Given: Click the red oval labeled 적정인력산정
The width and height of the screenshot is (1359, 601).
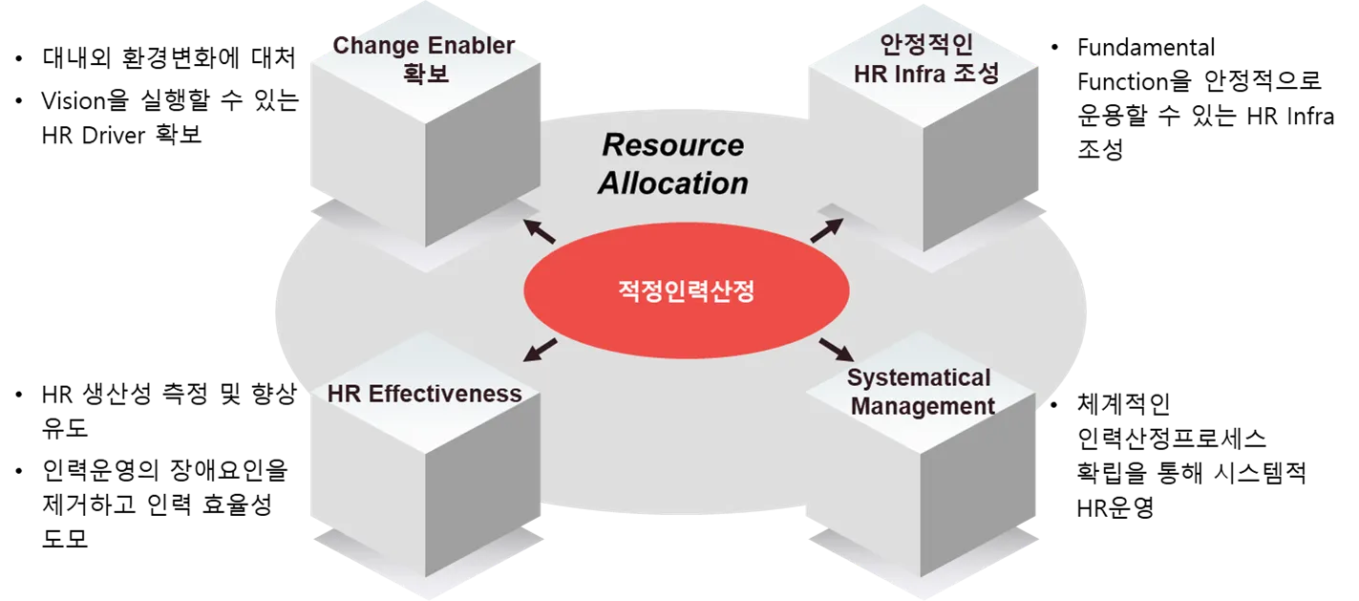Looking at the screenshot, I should pyautogui.click(x=686, y=291).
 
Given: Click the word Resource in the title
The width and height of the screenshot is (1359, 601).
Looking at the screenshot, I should pyautogui.click(x=672, y=145).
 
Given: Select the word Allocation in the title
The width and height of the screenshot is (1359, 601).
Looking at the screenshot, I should pyautogui.click(x=672, y=183).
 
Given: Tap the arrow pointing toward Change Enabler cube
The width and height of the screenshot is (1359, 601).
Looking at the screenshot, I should pyautogui.click(x=540, y=230).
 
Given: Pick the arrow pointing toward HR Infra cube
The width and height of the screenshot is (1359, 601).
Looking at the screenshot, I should pyautogui.click(x=826, y=230).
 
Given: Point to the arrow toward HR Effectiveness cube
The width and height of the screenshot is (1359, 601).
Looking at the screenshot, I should pyautogui.click(x=541, y=349).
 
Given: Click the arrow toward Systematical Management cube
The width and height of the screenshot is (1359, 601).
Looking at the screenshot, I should pyautogui.click(x=836, y=348).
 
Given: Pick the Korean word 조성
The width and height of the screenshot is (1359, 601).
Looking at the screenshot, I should pyautogui.click(x=975, y=73).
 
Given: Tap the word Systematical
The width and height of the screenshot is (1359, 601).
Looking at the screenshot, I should pyautogui.click(x=919, y=378).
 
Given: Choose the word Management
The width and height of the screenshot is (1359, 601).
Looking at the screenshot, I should pyautogui.click(x=923, y=406).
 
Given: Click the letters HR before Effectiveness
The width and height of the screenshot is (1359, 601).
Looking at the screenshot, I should pyautogui.click(x=343, y=394).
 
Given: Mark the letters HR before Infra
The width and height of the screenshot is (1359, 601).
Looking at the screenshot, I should pyautogui.click(x=869, y=73).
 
